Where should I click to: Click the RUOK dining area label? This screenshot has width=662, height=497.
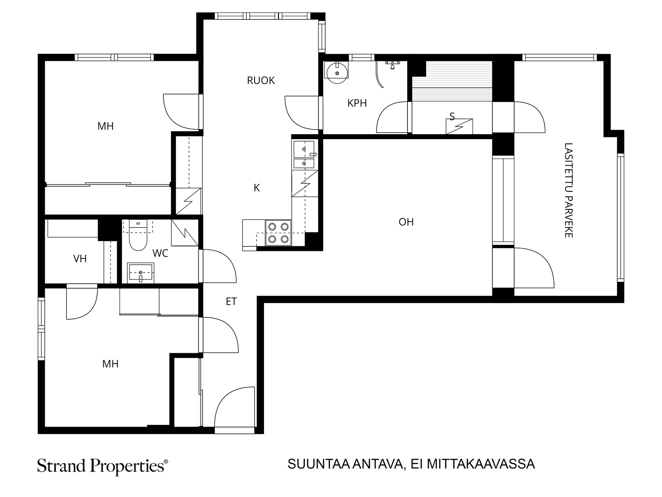click(261, 81)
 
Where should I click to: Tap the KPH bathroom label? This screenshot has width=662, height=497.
click(357, 103)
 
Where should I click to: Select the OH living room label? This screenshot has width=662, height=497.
click(406, 222)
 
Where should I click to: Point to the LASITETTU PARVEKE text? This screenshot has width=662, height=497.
click(568, 191)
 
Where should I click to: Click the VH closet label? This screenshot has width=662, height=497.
click(80, 258)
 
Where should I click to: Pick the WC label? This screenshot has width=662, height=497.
click(160, 253)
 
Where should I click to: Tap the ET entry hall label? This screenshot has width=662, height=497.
click(231, 302)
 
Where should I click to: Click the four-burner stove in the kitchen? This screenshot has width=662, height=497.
click(278, 233)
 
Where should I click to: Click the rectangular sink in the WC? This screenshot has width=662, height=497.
click(141, 273)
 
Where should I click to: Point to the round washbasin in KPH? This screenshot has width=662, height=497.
click(337, 72)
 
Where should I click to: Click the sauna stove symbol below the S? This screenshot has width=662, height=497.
click(459, 126)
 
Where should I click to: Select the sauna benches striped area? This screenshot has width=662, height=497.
click(452, 81)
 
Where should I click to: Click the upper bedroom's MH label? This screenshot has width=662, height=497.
click(106, 126)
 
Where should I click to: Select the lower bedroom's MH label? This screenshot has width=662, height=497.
click(110, 364)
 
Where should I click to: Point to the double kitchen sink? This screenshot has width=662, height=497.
click(304, 154)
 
